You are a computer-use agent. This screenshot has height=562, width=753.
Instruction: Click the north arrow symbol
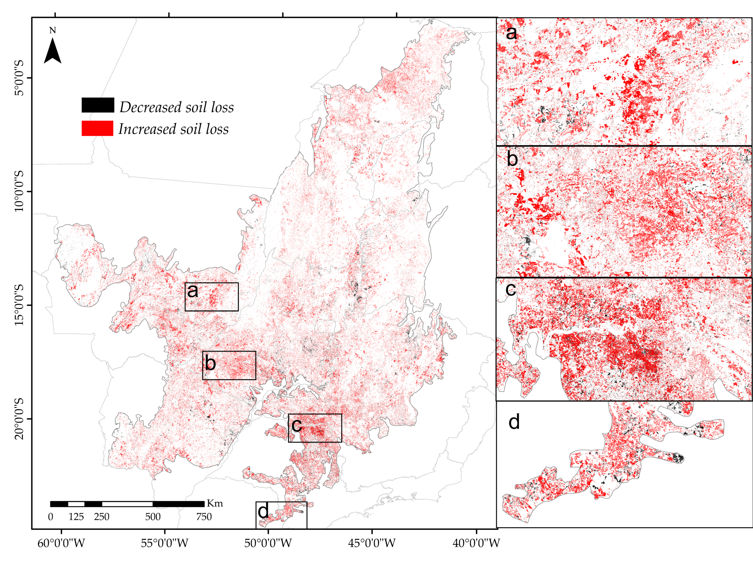[53, 51]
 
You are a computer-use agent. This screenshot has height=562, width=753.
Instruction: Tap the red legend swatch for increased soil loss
[97, 128]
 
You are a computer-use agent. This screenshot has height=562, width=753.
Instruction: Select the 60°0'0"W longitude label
[61, 543]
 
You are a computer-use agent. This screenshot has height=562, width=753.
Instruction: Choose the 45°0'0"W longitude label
[372, 543]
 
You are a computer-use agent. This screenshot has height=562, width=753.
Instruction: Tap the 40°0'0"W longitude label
[476, 543]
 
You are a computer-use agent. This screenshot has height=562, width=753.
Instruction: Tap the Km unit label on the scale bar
[215, 503]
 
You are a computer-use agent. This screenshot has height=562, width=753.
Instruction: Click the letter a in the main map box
[193, 291]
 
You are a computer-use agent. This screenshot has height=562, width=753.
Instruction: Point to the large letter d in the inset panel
[514, 422]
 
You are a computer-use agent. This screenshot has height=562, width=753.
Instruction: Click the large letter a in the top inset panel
[511, 33]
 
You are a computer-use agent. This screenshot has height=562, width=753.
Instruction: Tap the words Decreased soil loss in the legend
[176, 107]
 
